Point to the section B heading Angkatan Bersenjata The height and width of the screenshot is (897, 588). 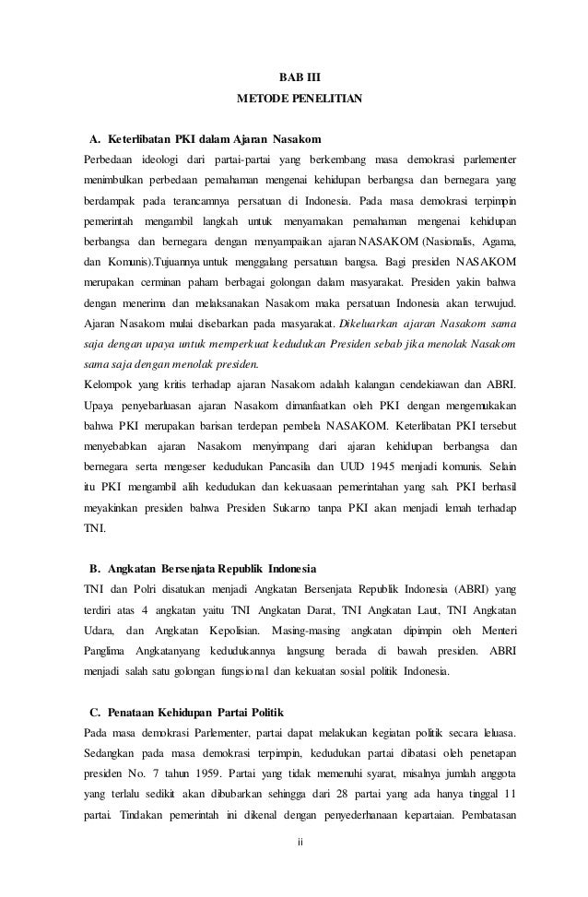coord(206,564)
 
